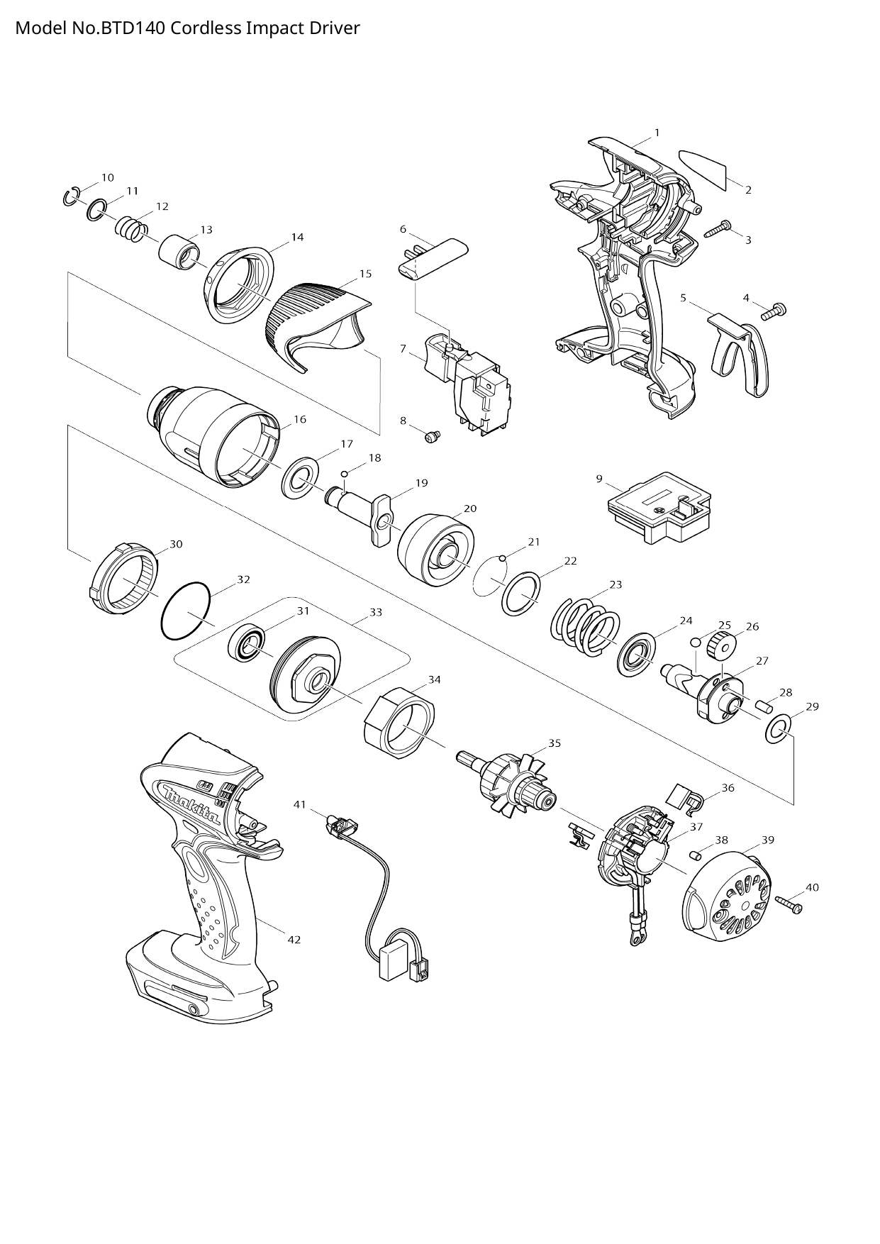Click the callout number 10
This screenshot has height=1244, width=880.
tap(107, 177)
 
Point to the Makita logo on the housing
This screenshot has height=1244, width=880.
tap(191, 802)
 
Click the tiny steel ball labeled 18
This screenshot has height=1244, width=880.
tap(345, 474)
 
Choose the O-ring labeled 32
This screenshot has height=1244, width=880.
tap(186, 611)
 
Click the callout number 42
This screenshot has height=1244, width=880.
tap(294, 940)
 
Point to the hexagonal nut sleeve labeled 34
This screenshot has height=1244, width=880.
tap(398, 721)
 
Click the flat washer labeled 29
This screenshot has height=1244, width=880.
tap(778, 729)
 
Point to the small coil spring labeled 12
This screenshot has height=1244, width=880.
tap(131, 229)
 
